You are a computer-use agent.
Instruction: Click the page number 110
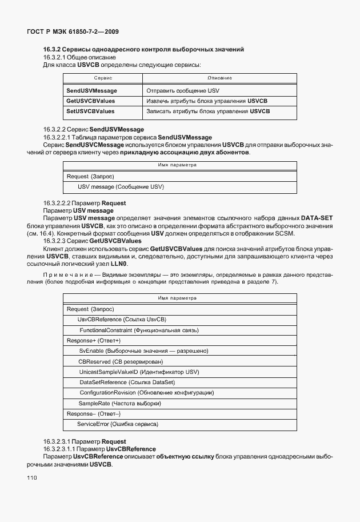coord(31,477)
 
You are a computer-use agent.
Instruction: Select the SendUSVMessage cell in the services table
coord(91,91)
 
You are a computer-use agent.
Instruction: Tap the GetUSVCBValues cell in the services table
coord(90,101)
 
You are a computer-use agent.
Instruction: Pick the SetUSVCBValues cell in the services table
coord(90,111)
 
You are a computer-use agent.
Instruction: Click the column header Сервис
coord(102,77)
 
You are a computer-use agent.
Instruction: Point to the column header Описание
coord(219,77)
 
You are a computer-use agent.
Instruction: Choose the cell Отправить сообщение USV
coord(183,91)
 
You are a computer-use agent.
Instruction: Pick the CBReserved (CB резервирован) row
coord(121,361)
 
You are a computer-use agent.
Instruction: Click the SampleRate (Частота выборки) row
coord(120,403)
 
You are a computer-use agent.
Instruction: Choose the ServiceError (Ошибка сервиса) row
coord(117,424)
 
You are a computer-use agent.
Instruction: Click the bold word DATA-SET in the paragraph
coord(317,218)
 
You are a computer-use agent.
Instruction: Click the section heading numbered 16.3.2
coord(144,50)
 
